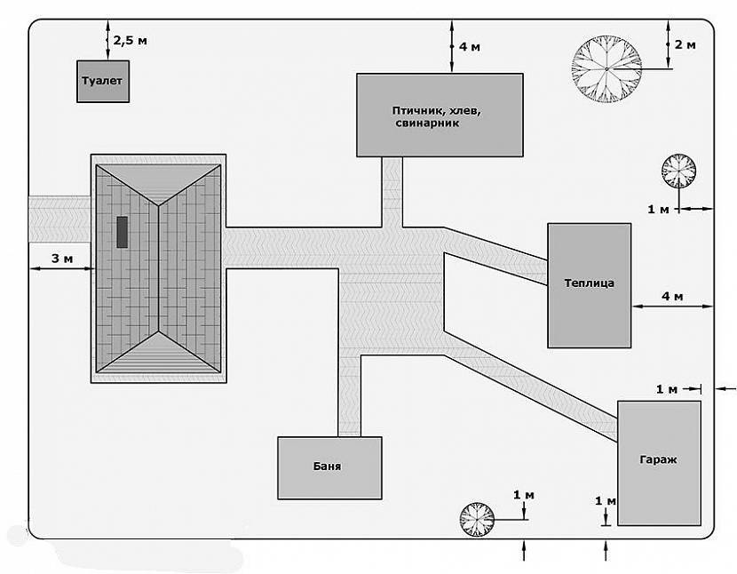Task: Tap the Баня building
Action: pos(329,466)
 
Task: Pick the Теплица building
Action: pos(589,284)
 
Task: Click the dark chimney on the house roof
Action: pos(122,231)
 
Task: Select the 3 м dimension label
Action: pos(61,258)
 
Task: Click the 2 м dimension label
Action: pos(685,44)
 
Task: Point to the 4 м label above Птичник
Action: pos(469,46)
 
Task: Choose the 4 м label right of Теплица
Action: pos(672,296)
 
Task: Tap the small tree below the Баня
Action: pos(476,519)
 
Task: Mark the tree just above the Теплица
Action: pos(679,171)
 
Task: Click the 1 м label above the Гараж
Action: pos(666,389)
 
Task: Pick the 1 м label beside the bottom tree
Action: pos(524,494)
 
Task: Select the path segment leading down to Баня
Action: pos(350,395)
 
